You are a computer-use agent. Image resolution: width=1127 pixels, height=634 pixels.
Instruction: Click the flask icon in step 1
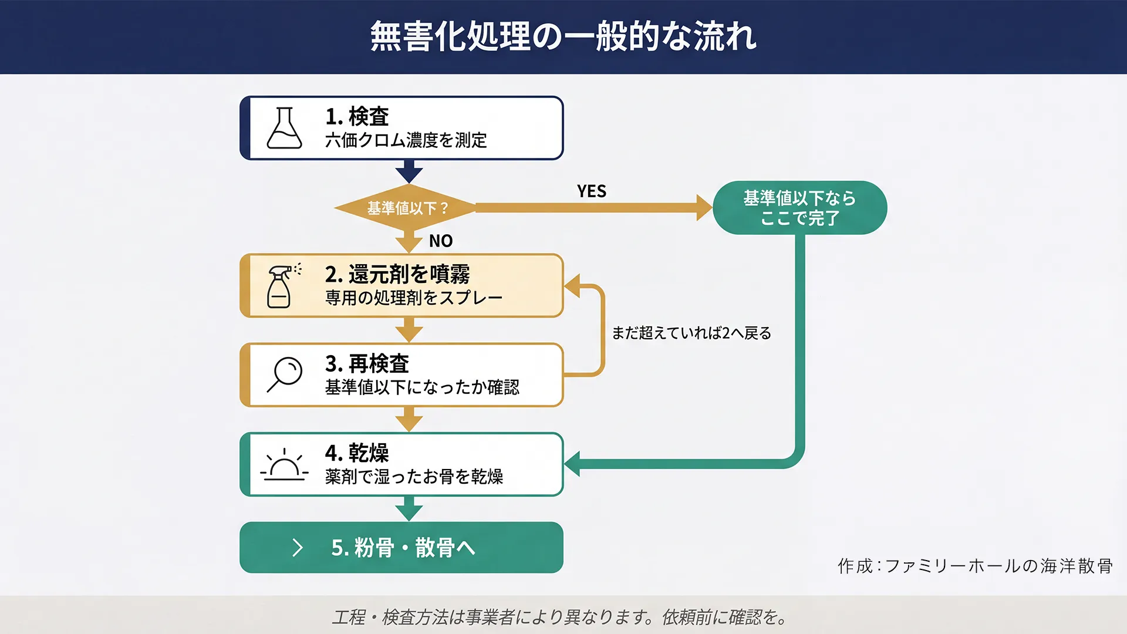coord(285,128)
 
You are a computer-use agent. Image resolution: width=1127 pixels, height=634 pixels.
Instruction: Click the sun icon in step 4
coord(285,465)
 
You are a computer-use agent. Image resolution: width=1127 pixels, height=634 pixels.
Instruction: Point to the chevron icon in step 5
coord(298,548)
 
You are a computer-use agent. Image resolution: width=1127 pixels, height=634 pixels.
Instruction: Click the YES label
coord(591,191)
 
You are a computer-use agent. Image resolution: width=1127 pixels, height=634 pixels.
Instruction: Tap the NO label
coord(441,241)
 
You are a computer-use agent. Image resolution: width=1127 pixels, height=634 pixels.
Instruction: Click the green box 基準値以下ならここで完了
coord(799,208)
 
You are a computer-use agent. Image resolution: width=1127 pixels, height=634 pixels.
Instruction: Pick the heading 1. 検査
coord(357,116)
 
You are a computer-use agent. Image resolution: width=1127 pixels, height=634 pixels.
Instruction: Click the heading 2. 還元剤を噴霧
coord(397,274)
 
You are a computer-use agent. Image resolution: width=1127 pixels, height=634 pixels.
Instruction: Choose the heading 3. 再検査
coord(367,364)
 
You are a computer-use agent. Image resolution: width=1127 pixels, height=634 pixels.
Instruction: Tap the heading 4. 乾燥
coord(357,453)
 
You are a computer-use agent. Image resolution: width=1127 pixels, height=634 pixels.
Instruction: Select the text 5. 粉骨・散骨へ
coord(403,548)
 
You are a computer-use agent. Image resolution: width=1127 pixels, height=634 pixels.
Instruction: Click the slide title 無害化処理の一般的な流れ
coord(563,36)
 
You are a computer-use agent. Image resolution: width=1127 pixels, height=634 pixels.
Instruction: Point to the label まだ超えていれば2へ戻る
coord(691,333)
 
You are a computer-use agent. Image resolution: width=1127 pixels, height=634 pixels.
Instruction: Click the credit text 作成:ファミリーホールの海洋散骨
coord(975,566)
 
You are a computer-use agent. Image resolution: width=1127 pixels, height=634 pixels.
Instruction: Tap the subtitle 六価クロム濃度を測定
coord(406,140)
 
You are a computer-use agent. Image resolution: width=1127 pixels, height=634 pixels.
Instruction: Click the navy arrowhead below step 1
coord(409,174)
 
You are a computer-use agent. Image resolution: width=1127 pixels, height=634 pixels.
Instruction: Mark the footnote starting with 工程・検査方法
coord(561,617)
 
